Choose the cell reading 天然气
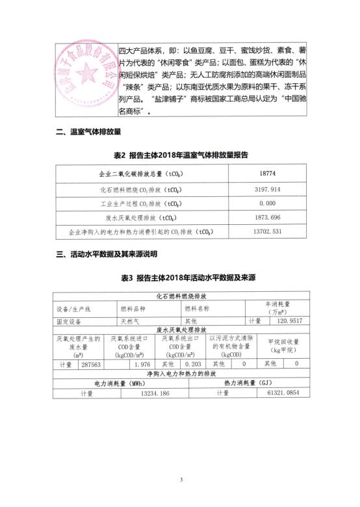click(x=131, y=321)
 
